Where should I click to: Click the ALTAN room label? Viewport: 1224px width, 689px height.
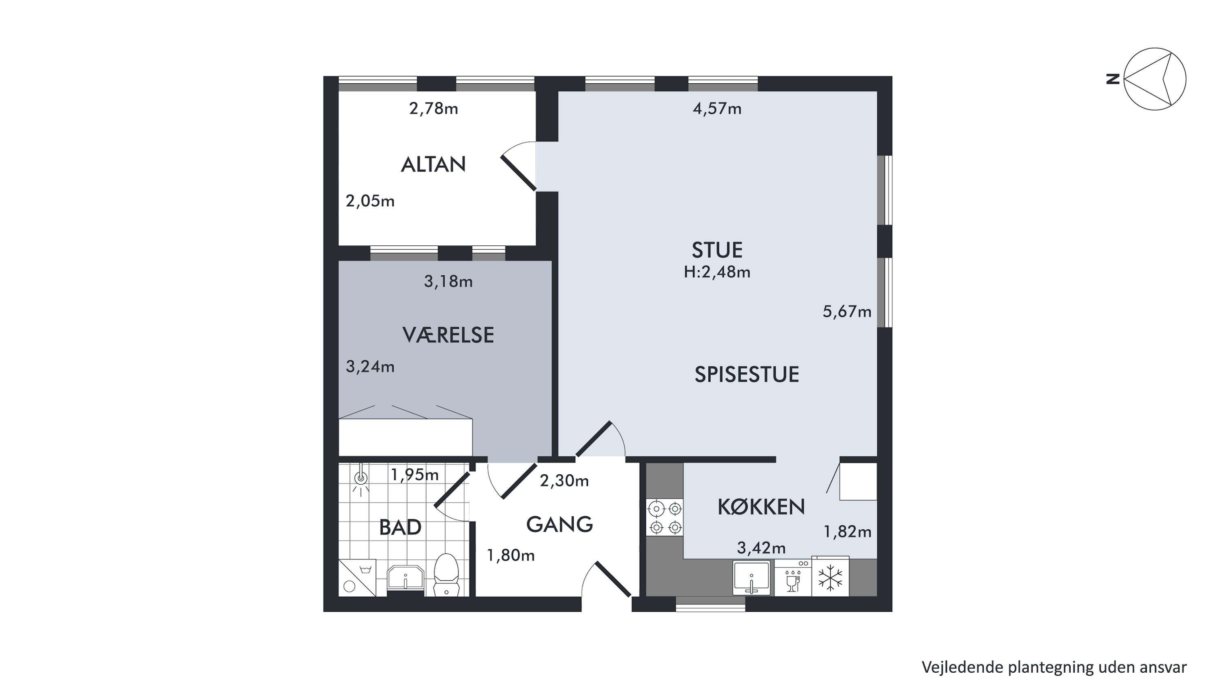click(x=433, y=165)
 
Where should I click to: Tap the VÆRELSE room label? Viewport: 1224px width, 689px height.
click(x=448, y=335)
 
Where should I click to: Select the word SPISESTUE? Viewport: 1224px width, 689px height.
click(x=747, y=375)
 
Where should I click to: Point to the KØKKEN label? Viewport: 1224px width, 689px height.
click(x=761, y=507)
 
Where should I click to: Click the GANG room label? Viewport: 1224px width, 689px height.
click(x=559, y=524)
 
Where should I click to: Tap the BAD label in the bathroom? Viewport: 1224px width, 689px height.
click(x=400, y=527)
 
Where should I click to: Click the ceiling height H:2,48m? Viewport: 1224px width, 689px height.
click(x=717, y=272)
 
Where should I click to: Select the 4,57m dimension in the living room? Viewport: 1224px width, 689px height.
click(x=717, y=109)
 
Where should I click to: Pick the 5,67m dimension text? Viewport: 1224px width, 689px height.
click(x=847, y=312)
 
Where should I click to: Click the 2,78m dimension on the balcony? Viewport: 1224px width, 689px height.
click(x=433, y=109)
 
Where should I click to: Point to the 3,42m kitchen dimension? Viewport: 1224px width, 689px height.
click(x=761, y=548)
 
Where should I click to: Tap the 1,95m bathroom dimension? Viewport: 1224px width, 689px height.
click(x=415, y=475)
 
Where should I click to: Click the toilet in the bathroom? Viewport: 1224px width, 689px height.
click(x=446, y=574)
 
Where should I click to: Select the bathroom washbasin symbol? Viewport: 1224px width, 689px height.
click(x=405, y=578)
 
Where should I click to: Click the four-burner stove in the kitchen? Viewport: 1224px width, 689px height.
click(x=665, y=518)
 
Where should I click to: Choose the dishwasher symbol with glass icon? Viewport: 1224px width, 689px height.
click(x=793, y=578)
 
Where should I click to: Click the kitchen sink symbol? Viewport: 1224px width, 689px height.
click(x=751, y=577)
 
